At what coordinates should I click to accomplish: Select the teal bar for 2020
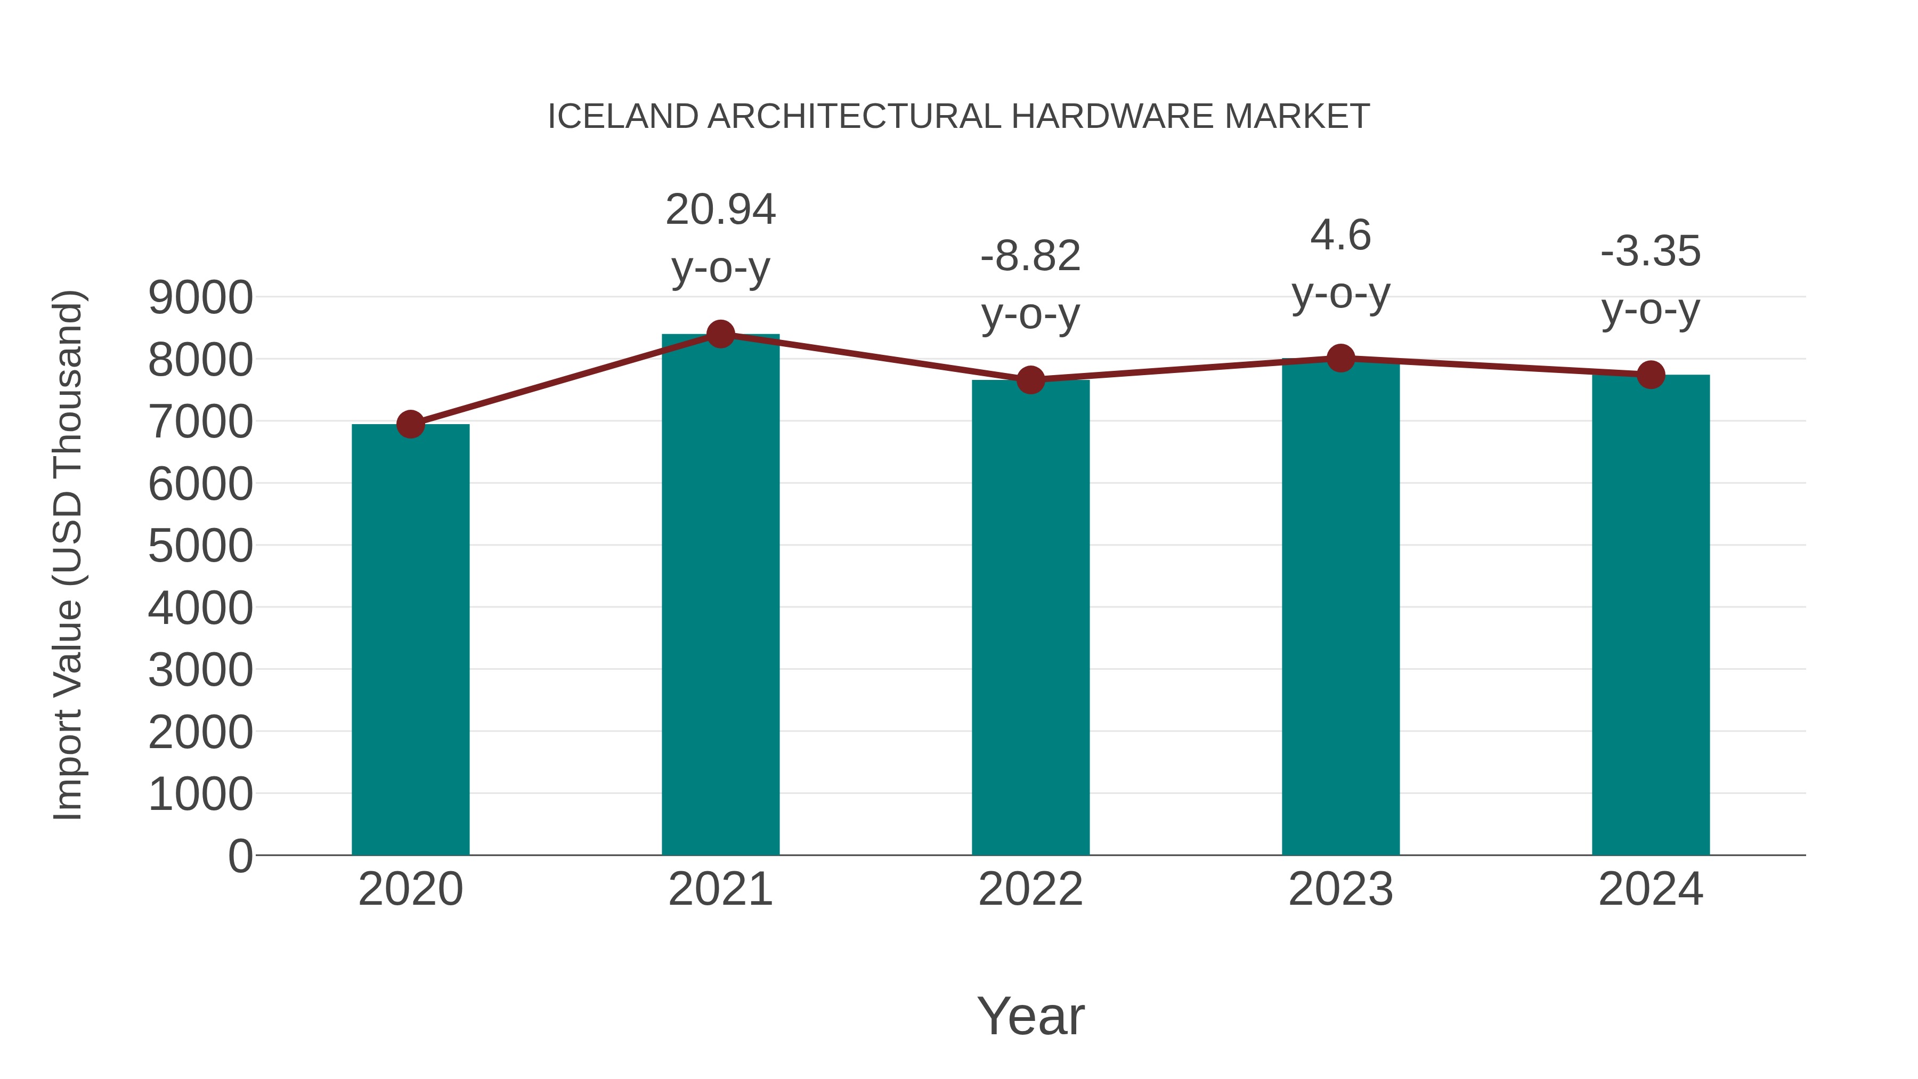(410, 640)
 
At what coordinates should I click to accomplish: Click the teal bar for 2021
(720, 596)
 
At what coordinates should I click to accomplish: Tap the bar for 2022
(1030, 618)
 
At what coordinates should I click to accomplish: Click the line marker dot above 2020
(410, 425)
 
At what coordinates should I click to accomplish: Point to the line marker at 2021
(720, 334)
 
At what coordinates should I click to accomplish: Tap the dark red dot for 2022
(1030, 380)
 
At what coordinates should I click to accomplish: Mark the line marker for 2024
(1651, 375)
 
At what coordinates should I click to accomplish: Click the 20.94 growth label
(720, 210)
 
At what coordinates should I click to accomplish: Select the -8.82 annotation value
(1030, 256)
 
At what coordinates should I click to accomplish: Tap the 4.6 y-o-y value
(1340, 236)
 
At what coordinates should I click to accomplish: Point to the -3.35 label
(1651, 252)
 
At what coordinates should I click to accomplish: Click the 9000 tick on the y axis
(200, 298)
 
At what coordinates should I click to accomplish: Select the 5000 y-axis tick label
(200, 546)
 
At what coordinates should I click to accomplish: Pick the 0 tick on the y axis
(240, 856)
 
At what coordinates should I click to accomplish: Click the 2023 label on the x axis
(1340, 889)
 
